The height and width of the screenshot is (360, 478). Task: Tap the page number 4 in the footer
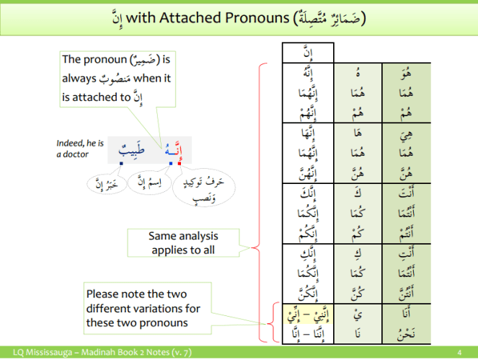(x=459, y=352)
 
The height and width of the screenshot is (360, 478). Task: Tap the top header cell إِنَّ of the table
(x=308, y=53)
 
